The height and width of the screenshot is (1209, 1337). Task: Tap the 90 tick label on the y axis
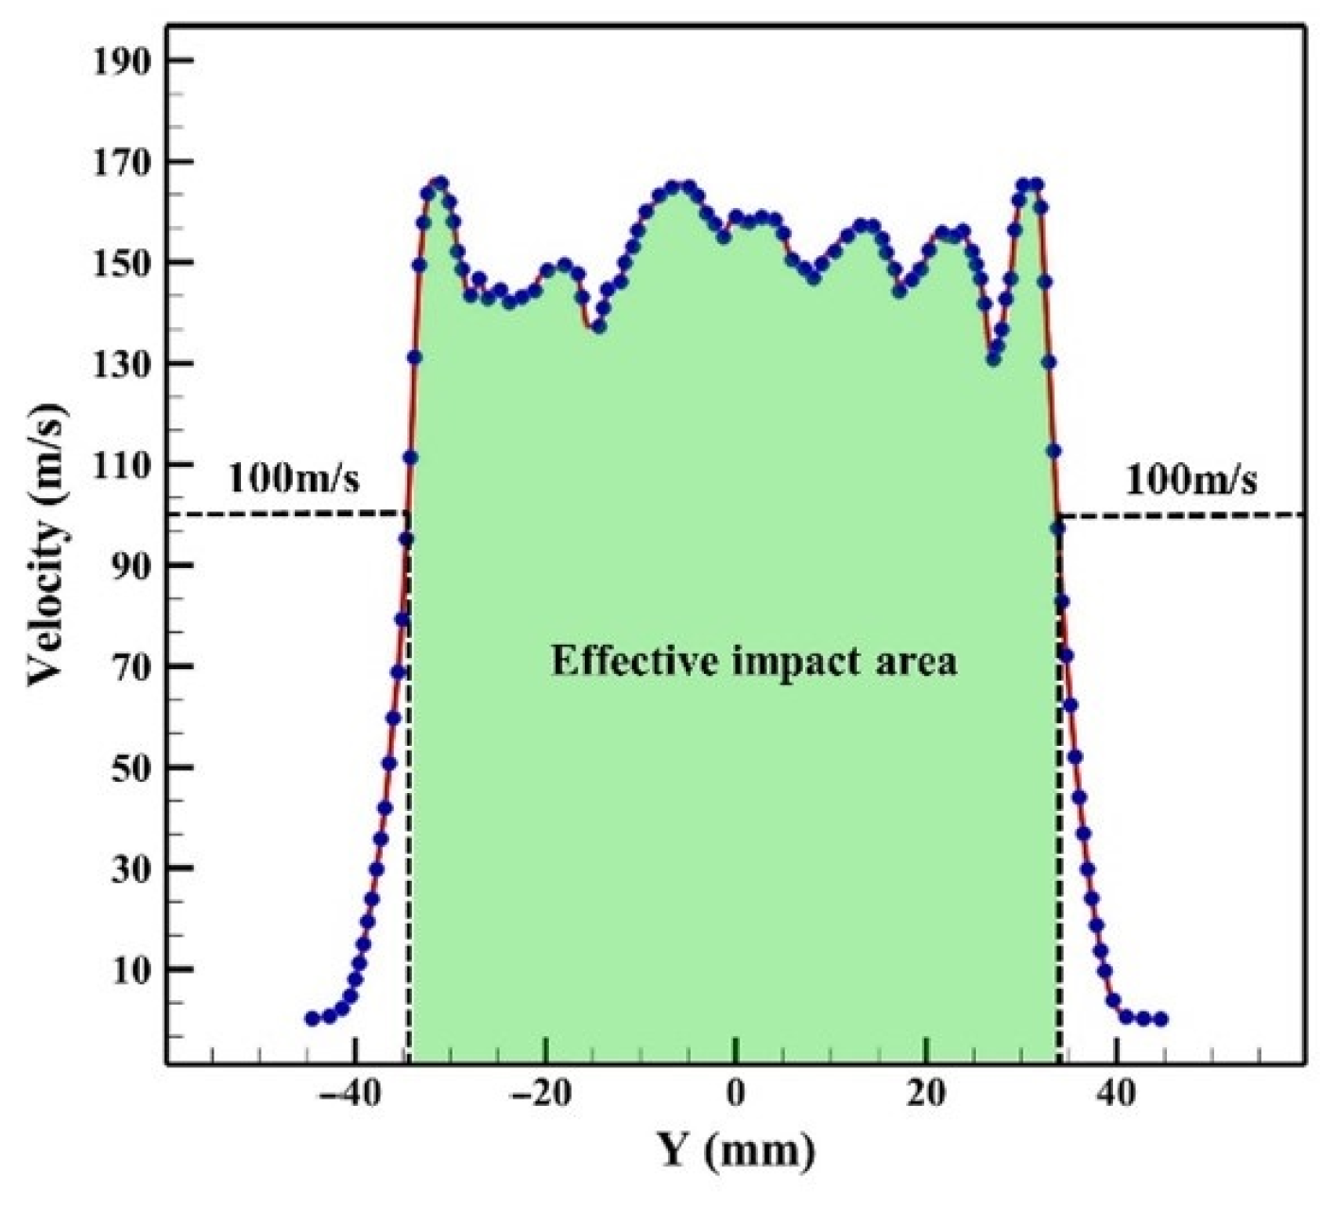pos(132,566)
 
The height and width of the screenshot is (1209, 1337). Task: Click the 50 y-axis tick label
pos(132,768)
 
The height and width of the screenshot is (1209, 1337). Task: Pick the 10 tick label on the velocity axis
pos(132,970)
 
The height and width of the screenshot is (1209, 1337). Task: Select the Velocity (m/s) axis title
pos(49,545)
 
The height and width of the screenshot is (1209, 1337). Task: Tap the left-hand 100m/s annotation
pos(294,480)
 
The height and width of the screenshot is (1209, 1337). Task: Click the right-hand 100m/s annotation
pos(1191,481)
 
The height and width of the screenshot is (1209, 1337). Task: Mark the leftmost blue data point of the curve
pos(312,1018)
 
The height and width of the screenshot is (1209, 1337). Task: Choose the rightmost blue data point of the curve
pos(1161,1019)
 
